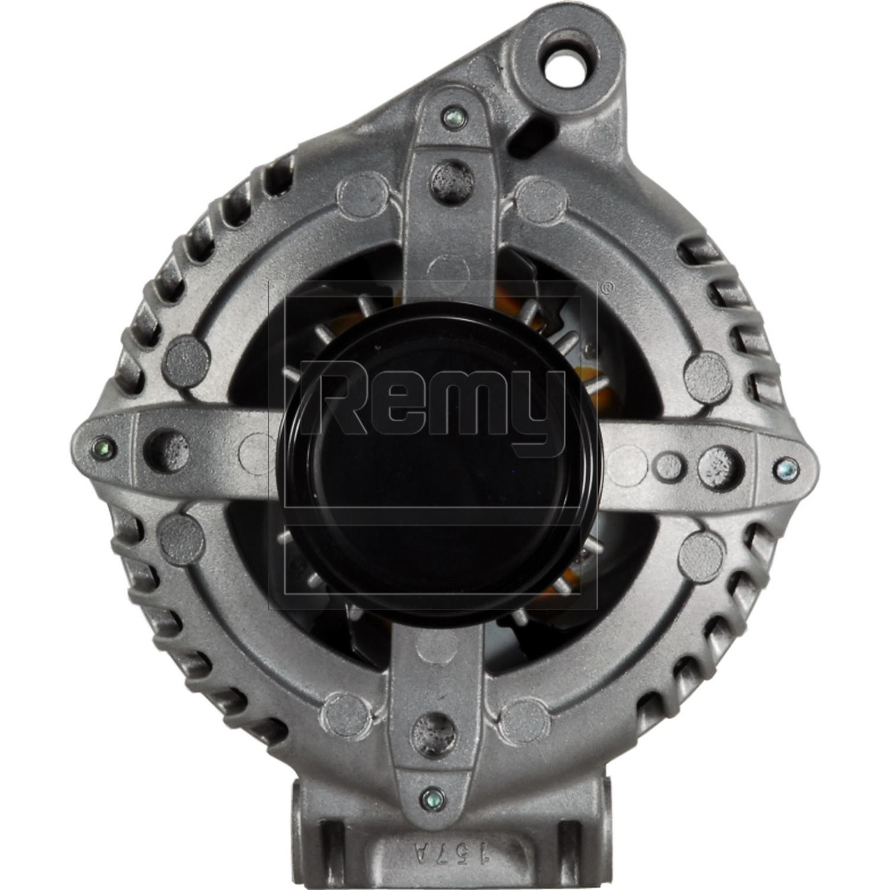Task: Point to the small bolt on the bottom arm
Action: pos(432,799)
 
